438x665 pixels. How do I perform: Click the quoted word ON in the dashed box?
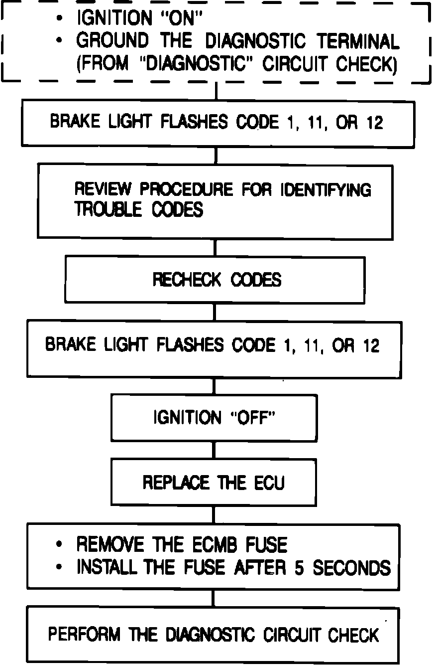pos(184,18)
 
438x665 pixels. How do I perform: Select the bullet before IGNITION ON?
pos(60,18)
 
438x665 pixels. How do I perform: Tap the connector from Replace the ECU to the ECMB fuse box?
pos(215,514)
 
